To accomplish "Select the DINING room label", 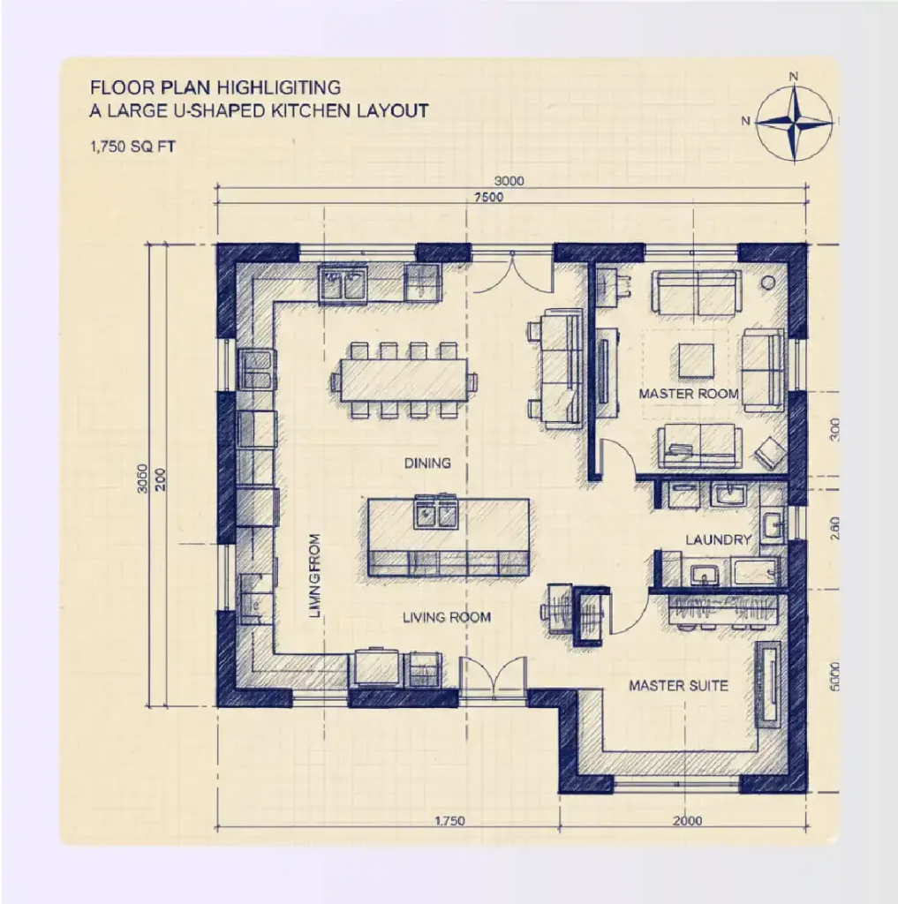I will click(427, 463).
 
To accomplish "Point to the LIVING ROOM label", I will click(446, 617).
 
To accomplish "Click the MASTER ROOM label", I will click(689, 393).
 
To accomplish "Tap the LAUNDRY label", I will click(718, 539).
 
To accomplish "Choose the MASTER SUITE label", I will click(678, 685).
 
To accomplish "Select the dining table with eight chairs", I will click(404, 380).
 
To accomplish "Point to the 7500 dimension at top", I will click(487, 197).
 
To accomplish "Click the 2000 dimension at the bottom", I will click(687, 821).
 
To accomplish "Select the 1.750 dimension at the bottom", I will click(449, 821).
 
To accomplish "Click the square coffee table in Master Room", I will click(697, 359).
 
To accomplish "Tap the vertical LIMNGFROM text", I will click(315, 576).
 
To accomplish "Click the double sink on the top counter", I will click(343, 285).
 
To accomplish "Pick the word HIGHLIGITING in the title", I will click(284, 87).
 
